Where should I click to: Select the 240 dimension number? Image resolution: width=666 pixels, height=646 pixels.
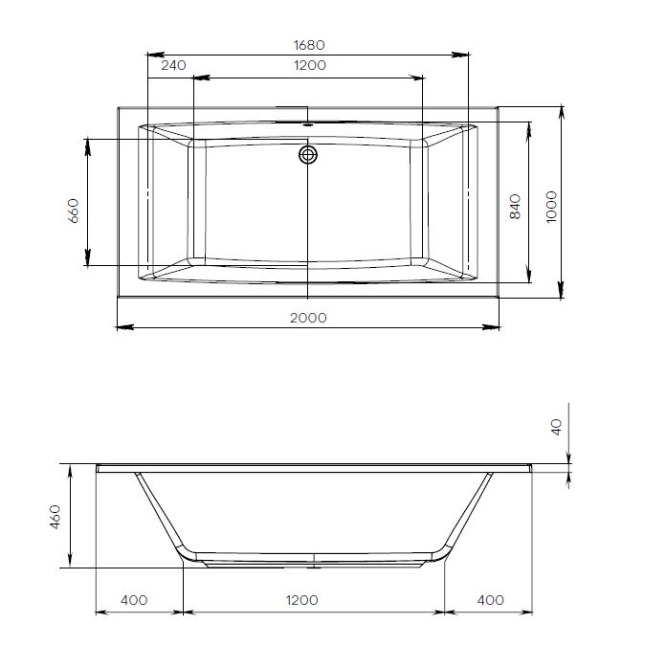tap(173, 66)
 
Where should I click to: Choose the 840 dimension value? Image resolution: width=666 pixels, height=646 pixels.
tap(515, 208)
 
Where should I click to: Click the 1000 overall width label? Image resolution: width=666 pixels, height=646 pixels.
tap(549, 206)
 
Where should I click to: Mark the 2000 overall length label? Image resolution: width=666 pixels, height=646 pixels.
tap(307, 318)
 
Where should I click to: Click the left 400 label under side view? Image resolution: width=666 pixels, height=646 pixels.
tap(135, 600)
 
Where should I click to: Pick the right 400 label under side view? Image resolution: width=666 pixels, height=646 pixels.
tap(490, 600)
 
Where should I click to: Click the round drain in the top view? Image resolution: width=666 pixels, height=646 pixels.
tap(308, 154)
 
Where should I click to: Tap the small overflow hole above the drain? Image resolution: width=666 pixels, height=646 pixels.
tap(308, 124)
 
